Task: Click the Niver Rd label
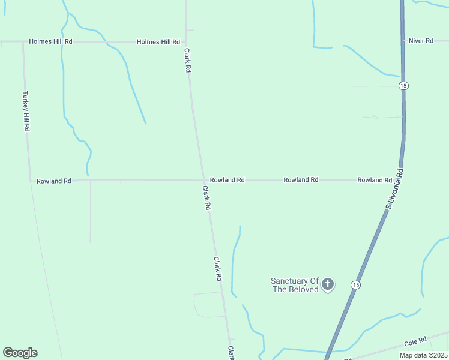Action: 420,41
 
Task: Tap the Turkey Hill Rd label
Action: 26,112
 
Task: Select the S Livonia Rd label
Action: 394,189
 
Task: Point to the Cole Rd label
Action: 415,342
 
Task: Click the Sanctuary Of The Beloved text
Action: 294,285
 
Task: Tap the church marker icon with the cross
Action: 327,284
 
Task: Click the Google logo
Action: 20,353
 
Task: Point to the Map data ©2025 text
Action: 423,355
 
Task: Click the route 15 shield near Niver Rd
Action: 403,86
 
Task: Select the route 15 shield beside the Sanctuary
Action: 357,284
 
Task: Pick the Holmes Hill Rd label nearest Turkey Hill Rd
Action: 51,41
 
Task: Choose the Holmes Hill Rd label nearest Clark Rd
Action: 158,42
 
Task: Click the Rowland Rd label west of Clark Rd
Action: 54,181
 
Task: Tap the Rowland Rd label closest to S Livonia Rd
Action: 375,180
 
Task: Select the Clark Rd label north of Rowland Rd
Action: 188,61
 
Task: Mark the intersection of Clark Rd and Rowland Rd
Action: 202,179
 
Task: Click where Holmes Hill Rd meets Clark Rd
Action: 186,42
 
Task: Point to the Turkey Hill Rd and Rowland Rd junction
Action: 30,180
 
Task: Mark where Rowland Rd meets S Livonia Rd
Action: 401,179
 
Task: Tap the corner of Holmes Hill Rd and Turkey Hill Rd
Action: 23,42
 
